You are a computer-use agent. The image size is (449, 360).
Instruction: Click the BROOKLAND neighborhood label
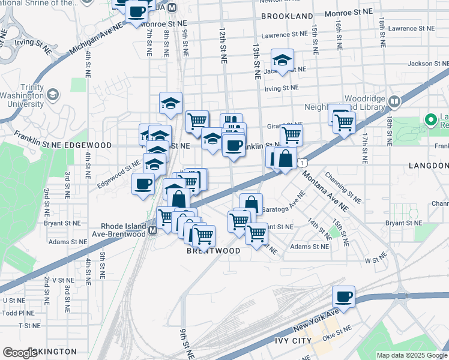coord(287,16)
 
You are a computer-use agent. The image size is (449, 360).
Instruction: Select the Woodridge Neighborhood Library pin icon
coord(394,101)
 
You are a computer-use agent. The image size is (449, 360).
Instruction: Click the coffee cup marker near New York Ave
coord(344,296)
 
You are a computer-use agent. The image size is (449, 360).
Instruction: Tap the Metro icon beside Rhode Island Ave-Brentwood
coord(152,230)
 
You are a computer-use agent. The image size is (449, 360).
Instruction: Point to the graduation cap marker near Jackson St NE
coord(282,60)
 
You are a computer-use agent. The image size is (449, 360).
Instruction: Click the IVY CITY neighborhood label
coord(294,341)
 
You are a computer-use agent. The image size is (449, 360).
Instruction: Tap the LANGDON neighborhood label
coord(429,166)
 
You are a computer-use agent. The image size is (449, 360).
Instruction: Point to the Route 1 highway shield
coord(304,163)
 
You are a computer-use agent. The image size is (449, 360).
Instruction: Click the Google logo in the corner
coord(20,353)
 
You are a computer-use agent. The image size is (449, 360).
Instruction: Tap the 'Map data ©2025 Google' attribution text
coord(411,355)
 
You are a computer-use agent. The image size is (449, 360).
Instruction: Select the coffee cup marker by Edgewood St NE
coord(143,184)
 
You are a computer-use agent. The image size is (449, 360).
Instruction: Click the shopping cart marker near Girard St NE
coord(291,135)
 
